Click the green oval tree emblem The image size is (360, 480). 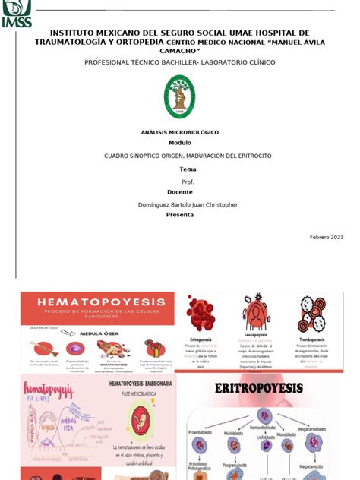click(x=180, y=98)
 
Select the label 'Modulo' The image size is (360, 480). click(x=179, y=142)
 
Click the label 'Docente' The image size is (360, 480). click(x=179, y=192)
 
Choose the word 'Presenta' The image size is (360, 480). click(x=180, y=214)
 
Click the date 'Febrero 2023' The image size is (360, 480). click(x=327, y=238)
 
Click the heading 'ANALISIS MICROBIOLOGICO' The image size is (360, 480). click(x=179, y=131)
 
